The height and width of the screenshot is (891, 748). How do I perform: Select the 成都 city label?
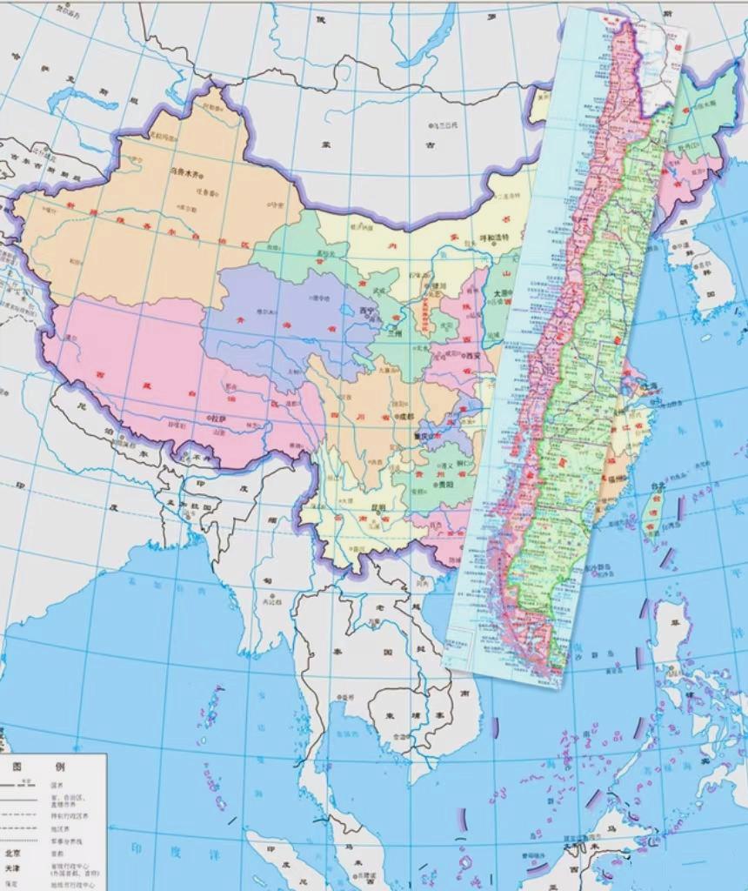tap(408, 417)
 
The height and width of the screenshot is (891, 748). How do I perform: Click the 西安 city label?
tap(471, 355)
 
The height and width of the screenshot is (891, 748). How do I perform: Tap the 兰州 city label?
tap(396, 333)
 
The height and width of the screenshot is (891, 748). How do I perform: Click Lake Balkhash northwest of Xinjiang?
tap(78, 100)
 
